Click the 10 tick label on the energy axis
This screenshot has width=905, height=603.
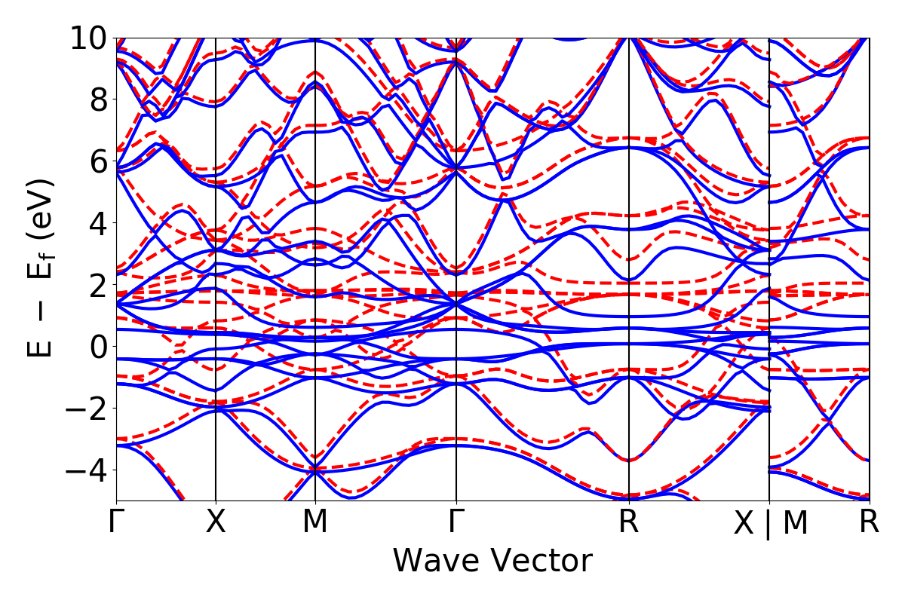[x=90, y=38]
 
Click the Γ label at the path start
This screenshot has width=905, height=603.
[x=116, y=522]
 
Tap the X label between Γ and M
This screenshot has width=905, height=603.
[x=216, y=522]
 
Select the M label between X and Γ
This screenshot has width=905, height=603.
[x=315, y=522]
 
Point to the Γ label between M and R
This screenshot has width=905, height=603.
[x=456, y=522]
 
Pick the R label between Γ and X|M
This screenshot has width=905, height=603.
[x=629, y=522]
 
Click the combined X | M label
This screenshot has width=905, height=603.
[x=770, y=524]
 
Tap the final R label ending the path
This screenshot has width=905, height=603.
[x=870, y=522]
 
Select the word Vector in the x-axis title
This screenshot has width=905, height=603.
[x=544, y=562]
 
